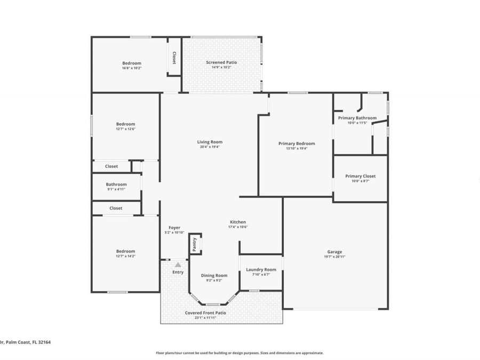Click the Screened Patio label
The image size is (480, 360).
(221, 62)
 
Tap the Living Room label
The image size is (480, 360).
(210, 142)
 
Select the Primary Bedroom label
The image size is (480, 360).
(297, 143)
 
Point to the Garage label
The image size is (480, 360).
(334, 252)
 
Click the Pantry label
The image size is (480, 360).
(195, 244)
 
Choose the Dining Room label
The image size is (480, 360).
(214, 276)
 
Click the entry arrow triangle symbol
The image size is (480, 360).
(178, 265)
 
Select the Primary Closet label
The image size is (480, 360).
(361, 176)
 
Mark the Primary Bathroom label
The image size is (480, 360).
(357, 118)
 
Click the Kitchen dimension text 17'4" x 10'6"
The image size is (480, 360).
(238, 227)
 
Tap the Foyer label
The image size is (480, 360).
(174, 228)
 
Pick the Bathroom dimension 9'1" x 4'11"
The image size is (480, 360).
(116, 189)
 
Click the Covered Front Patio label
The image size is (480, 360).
(205, 313)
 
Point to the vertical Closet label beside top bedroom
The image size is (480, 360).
(174, 58)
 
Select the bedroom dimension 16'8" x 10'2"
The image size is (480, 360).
(132, 68)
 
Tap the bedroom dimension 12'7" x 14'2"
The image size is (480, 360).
(126, 256)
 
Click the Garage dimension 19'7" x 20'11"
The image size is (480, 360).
(334, 257)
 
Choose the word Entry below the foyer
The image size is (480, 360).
(178, 272)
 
